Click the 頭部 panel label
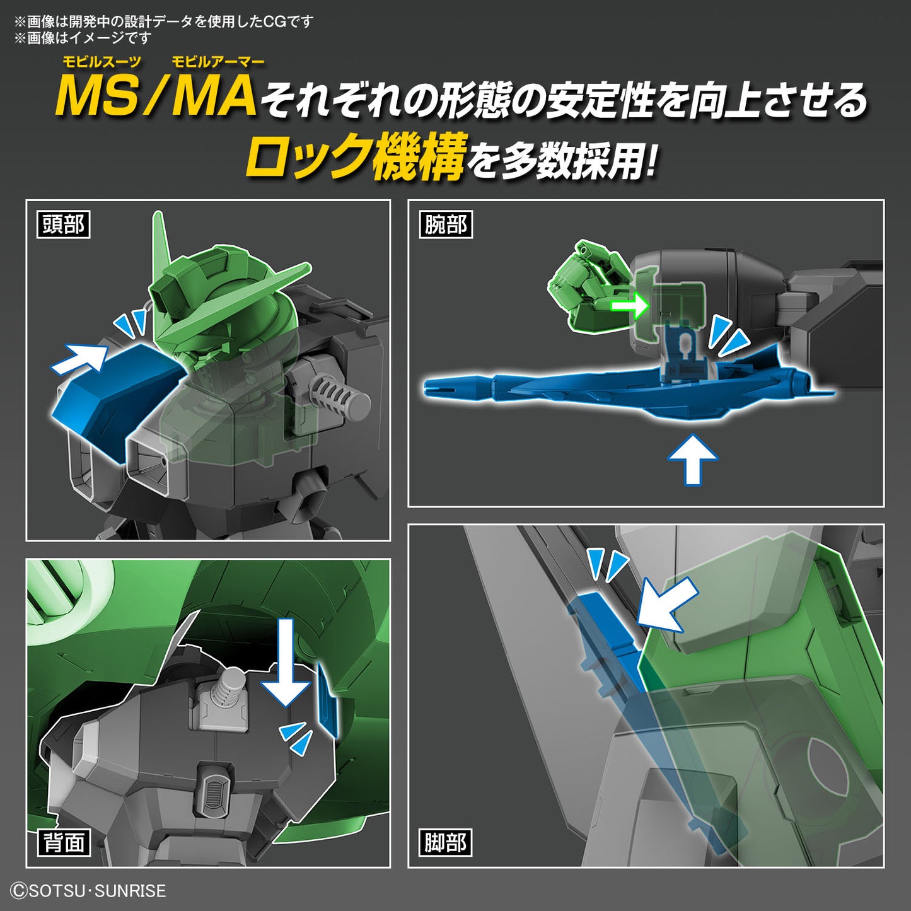[x=64, y=224]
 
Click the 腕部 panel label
[x=446, y=224]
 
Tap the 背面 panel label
[x=64, y=842]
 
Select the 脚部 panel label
[x=446, y=842]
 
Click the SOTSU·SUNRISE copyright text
[x=89, y=891]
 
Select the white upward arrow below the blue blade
[x=692, y=458]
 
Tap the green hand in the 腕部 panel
[x=580, y=287]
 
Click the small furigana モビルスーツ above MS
[x=101, y=62]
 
